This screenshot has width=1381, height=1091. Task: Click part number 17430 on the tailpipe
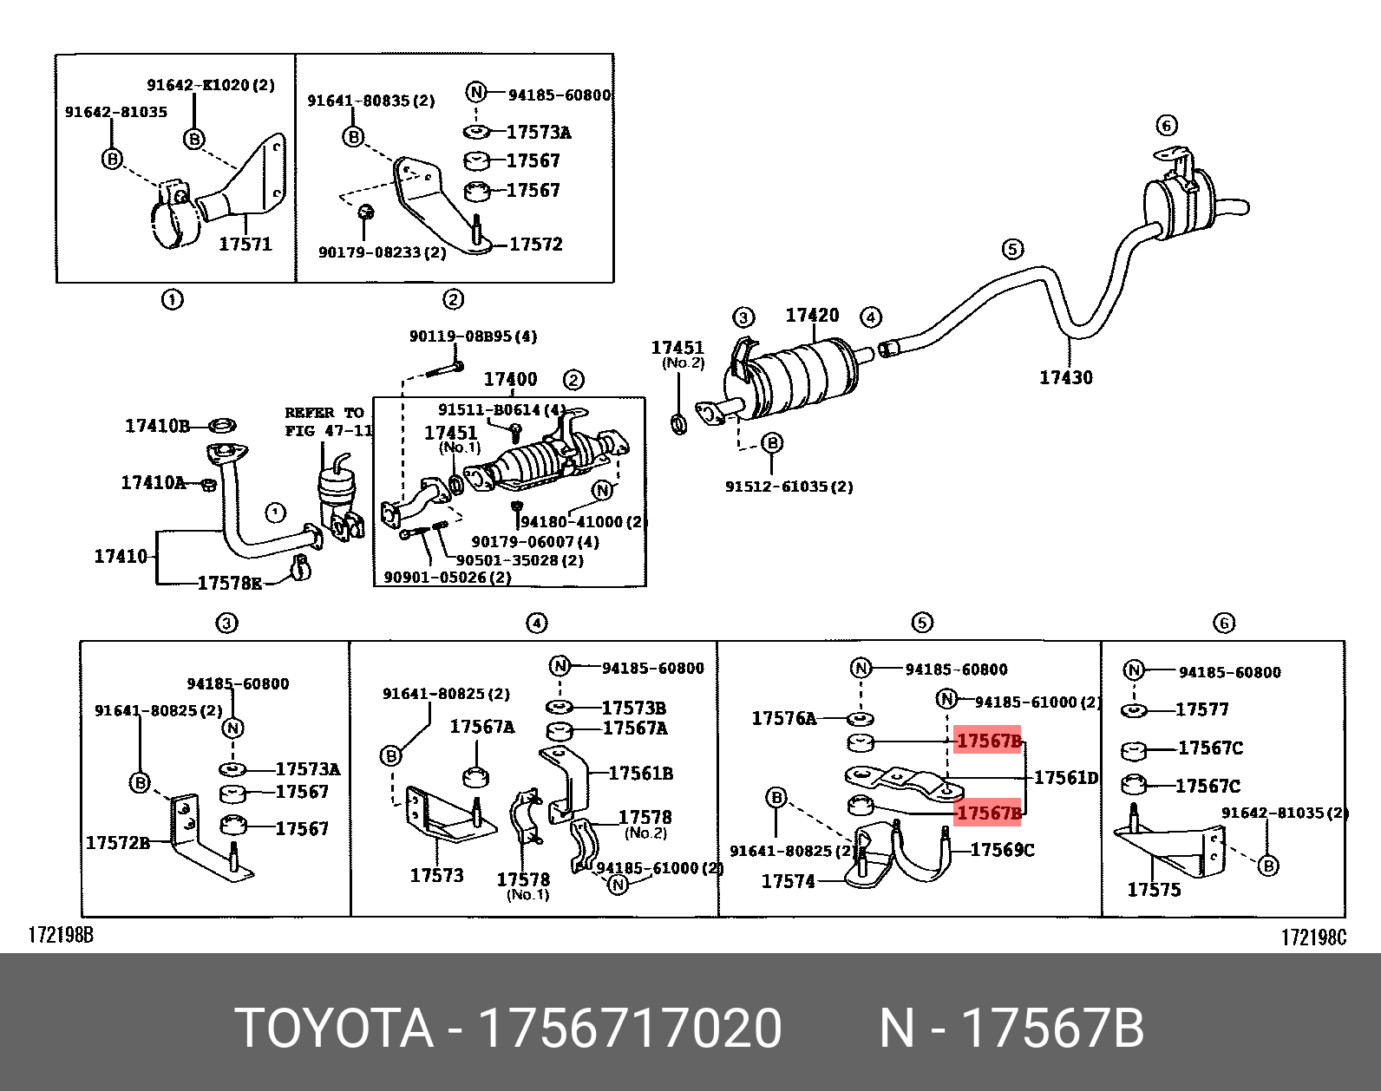[1065, 377]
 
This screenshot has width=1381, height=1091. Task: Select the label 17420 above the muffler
[812, 316]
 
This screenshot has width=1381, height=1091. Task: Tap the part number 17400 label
[510, 379]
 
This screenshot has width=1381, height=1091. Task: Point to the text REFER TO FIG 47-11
[328, 421]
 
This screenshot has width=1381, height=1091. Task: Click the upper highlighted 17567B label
[988, 741]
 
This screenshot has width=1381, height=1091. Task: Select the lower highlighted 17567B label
[988, 813]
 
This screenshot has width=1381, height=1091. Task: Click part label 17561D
[1066, 778]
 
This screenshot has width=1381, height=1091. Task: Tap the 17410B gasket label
[157, 426]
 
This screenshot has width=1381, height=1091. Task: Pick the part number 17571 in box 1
[245, 245]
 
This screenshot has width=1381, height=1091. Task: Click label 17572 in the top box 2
[535, 245]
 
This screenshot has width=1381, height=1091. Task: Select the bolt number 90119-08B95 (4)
[473, 336]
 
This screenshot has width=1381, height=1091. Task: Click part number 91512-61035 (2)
[789, 487]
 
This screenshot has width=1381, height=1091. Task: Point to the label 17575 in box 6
[1154, 890]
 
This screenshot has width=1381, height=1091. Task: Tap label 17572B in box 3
[118, 842]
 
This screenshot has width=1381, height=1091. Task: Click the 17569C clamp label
[1002, 850]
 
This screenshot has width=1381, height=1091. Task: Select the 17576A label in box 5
[783, 718]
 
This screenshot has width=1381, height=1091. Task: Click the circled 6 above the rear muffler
[1167, 126]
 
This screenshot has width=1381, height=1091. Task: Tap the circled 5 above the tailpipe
[1012, 250]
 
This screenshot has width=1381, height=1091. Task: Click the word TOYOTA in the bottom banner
[334, 1029]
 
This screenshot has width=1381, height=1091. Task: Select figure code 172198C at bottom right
[1313, 937]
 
